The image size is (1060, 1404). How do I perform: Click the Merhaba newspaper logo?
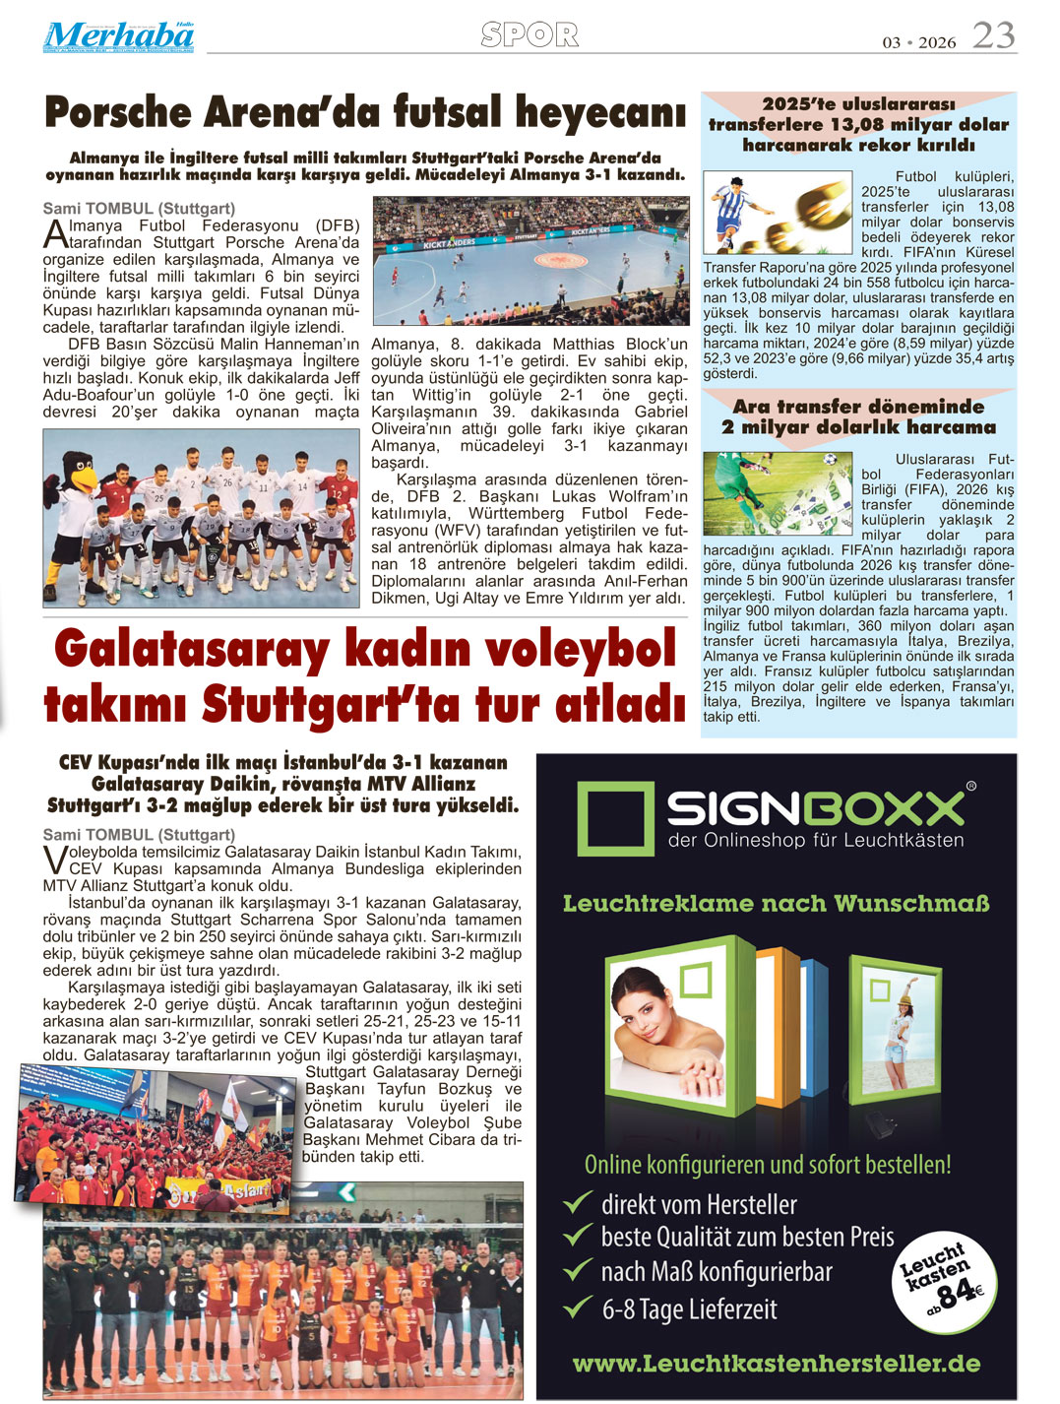coord(118,36)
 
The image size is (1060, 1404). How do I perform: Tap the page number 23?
coord(993,36)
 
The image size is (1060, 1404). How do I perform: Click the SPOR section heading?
coord(530,35)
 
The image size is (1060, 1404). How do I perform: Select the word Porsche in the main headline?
coord(117,112)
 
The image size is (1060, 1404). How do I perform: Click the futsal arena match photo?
coord(530,260)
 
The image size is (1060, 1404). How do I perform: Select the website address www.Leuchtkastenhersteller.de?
coord(776,1364)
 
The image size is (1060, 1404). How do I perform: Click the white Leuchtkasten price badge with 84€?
coord(942,1280)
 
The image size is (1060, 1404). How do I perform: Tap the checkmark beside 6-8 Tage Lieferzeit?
coord(577,1308)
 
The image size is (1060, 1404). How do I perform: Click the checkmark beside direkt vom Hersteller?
coord(577,1202)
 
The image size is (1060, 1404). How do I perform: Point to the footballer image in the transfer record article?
coord(778,214)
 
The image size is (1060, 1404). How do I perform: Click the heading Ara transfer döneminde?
coord(858,406)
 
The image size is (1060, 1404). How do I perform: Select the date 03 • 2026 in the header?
coord(918,42)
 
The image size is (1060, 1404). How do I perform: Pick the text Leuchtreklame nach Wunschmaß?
coord(776,903)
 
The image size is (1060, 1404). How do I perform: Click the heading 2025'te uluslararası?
coord(858,103)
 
